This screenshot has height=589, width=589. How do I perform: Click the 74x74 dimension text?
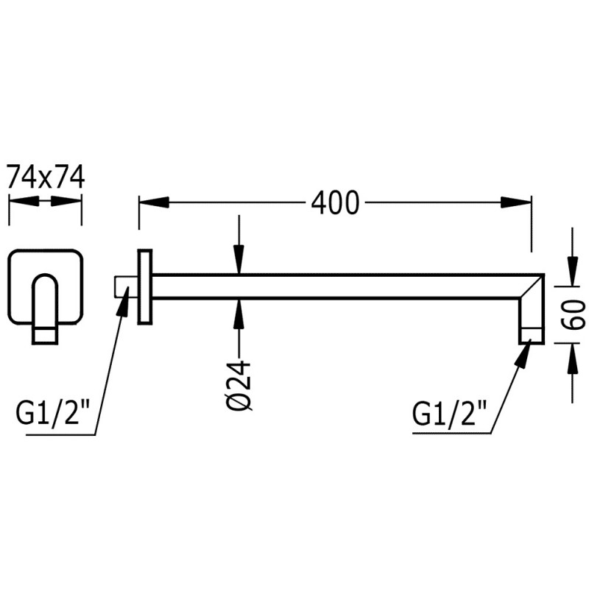pos(46,177)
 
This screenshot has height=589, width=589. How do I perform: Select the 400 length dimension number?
pos(336,203)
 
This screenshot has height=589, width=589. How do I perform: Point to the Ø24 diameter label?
pos(239,384)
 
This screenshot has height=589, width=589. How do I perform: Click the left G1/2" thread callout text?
pos(52,412)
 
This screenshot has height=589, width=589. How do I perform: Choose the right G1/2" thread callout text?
pos(450,412)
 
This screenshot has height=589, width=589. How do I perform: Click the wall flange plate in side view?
pos(144,286)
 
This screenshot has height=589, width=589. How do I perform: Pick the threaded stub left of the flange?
pos(126,286)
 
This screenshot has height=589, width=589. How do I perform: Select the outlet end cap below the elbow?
pos(532,335)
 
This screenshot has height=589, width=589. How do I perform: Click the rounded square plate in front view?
pos(45,286)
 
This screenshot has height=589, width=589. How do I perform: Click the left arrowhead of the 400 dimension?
pos(154,202)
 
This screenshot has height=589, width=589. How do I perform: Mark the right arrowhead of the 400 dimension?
pos(516,203)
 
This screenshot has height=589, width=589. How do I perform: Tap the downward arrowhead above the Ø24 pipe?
pos(239,260)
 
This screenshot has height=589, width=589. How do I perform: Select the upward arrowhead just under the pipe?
pos(239,314)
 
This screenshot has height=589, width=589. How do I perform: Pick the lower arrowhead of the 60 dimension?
pos(572,358)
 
